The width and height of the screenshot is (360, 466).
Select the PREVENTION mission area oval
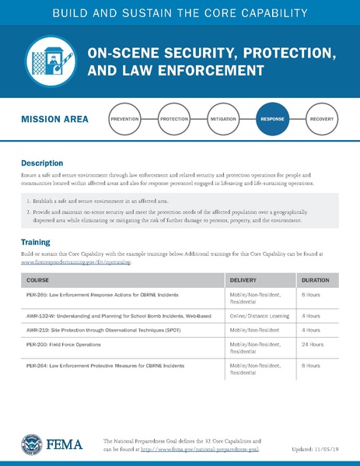tap(130, 120)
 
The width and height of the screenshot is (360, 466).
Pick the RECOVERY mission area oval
tap(321, 120)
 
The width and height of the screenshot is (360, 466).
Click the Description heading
tap(42, 164)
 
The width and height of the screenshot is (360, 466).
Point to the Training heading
tap(36, 242)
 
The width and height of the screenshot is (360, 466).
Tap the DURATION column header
tap(316, 280)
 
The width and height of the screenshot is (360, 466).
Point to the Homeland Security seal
tap(33, 444)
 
